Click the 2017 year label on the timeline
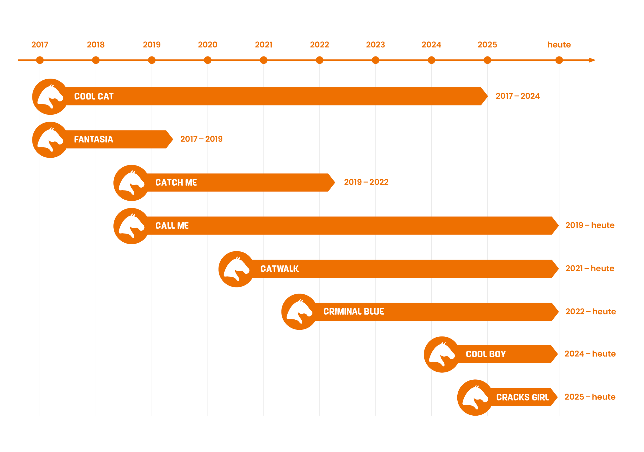tap(40, 44)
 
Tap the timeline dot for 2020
tap(208, 60)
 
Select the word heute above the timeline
tap(559, 44)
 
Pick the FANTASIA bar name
tap(93, 139)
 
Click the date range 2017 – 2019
tap(202, 139)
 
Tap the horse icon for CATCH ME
tap(132, 183)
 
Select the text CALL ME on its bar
tap(172, 226)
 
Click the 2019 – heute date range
tap(590, 225)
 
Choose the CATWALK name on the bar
tap(280, 269)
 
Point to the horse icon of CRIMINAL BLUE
tap(299, 312)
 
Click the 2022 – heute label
tap(591, 311)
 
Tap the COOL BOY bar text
tap(486, 354)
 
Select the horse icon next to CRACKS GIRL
tap(475, 398)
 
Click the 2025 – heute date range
tap(590, 397)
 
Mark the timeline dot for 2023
tap(376, 60)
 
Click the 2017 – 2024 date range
tap(518, 96)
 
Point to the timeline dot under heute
tap(559, 60)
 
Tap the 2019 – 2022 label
tap(366, 182)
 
